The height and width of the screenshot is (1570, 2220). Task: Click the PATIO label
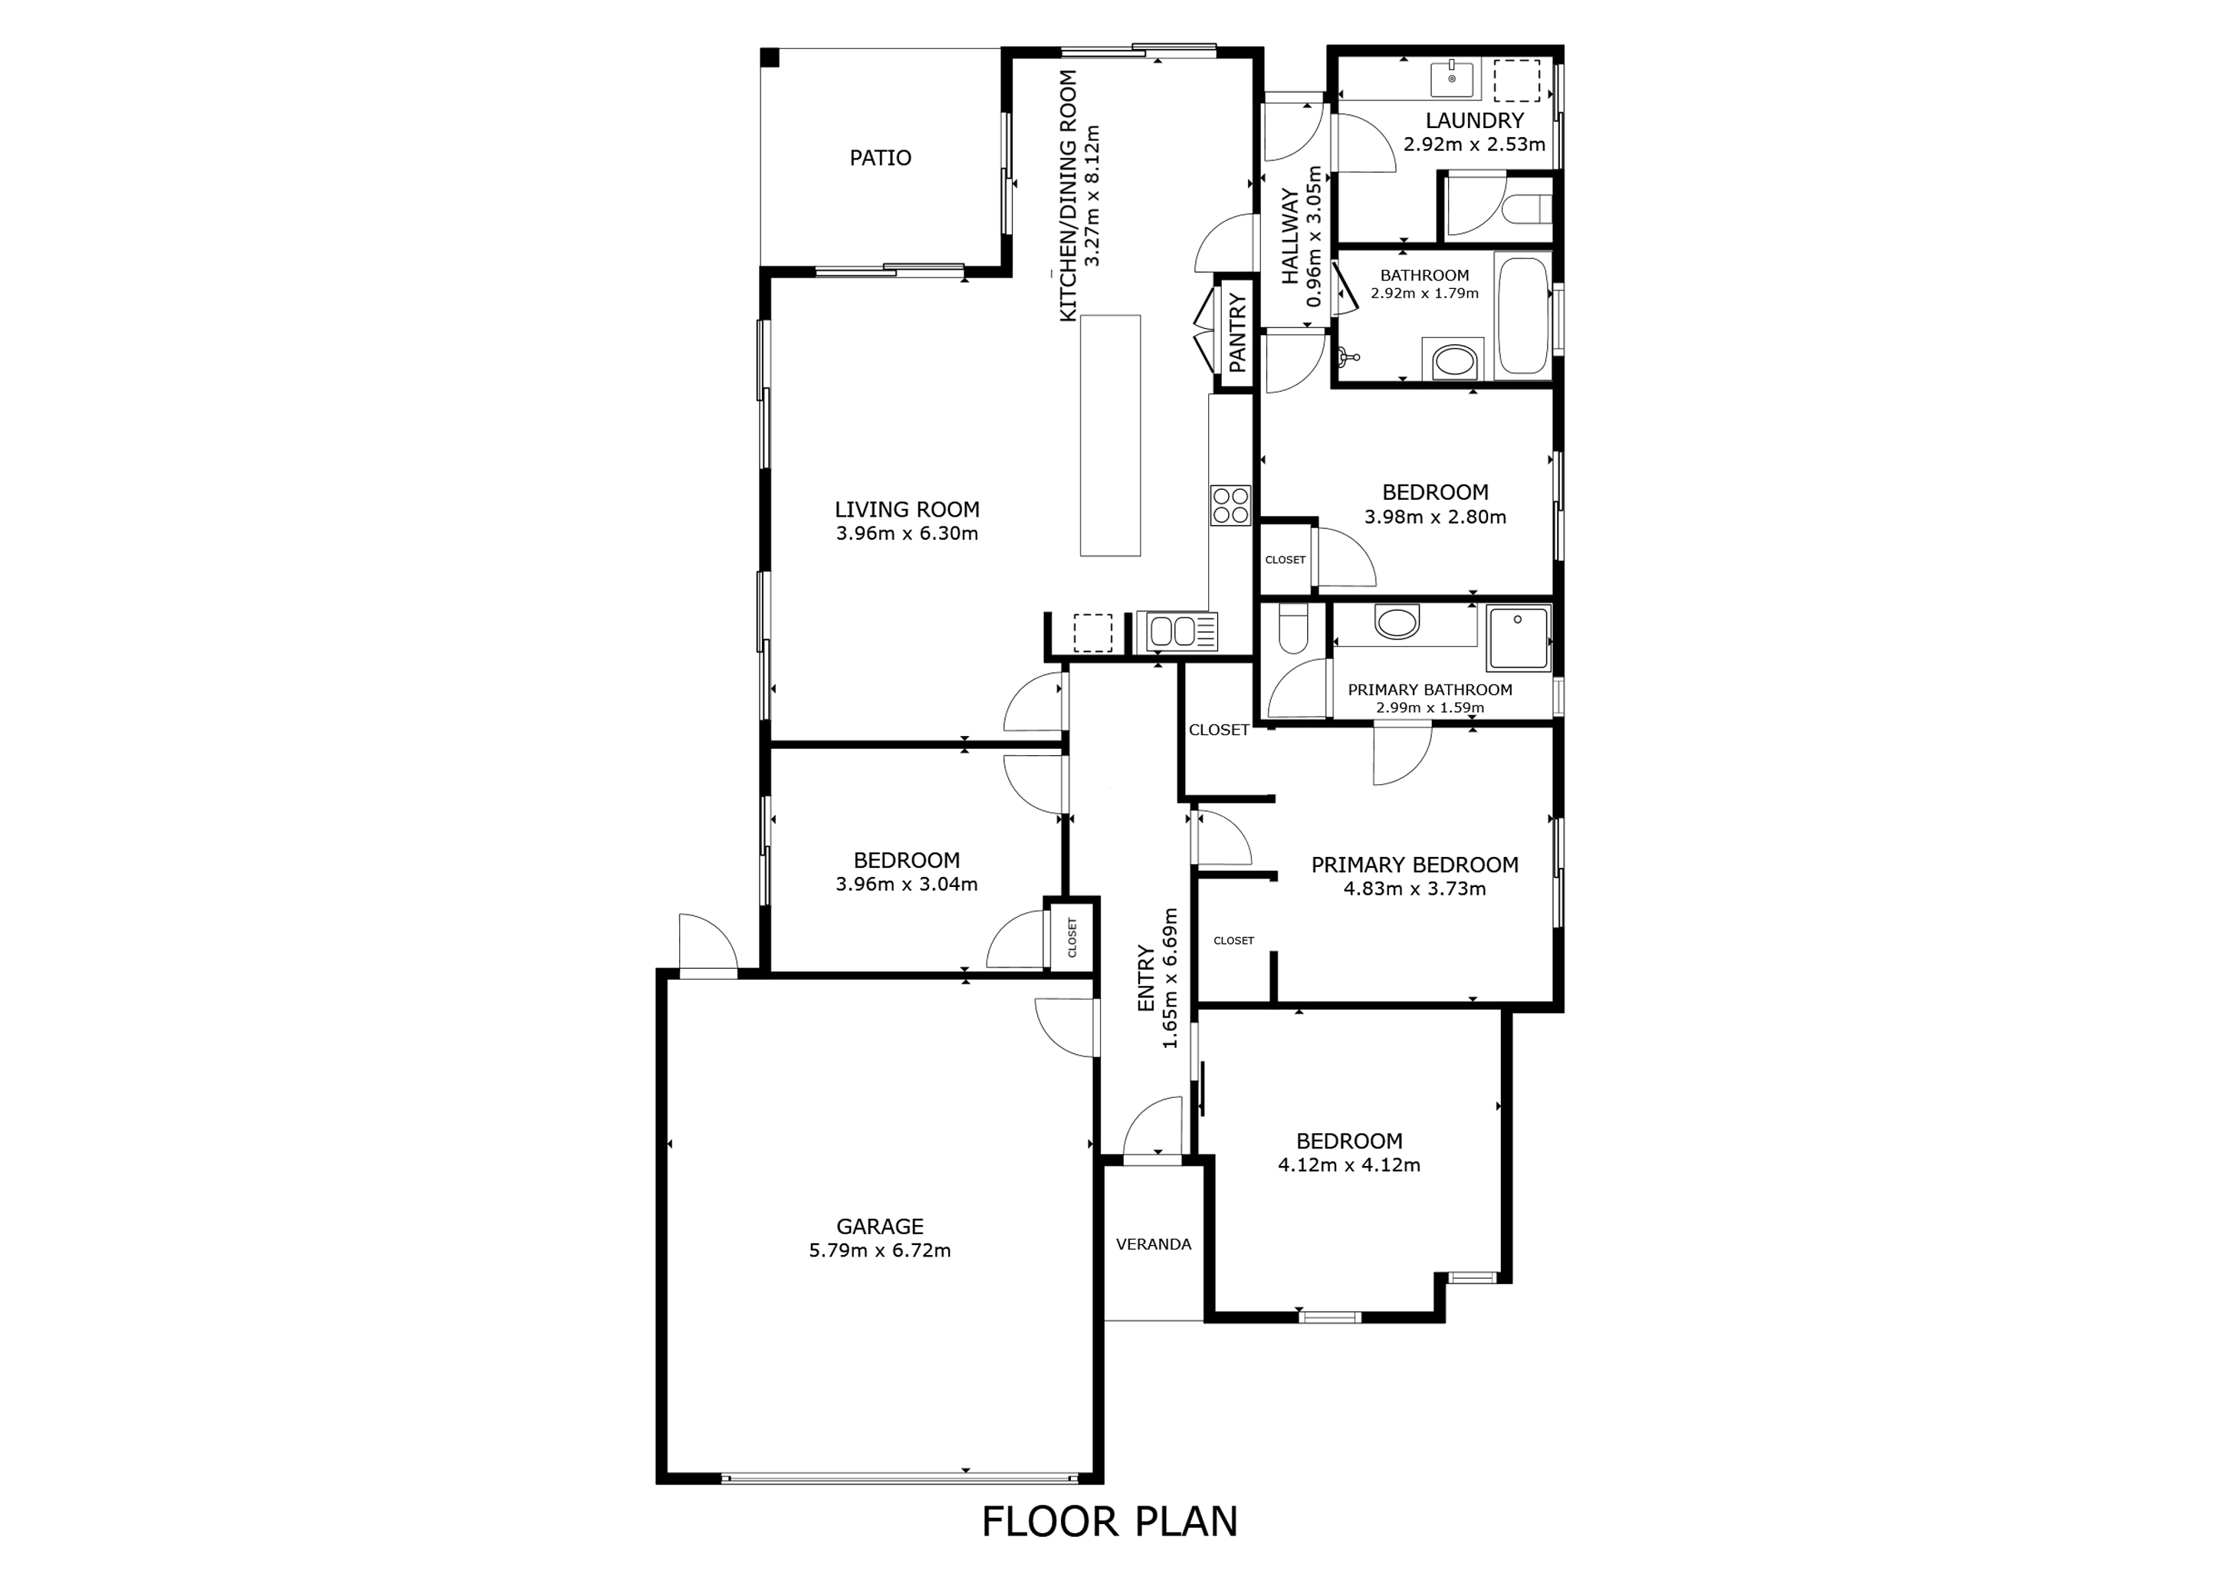pos(880,158)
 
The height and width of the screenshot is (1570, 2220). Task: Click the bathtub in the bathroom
pos(1523,316)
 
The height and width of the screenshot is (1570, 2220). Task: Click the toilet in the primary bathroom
pos(1292,629)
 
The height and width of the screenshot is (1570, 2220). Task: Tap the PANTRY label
pos(1237,333)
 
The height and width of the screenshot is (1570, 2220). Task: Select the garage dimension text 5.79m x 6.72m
pos(880,1251)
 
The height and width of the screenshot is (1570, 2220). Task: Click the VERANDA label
pos(1154,1244)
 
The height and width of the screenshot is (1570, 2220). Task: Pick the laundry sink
pos(1453,79)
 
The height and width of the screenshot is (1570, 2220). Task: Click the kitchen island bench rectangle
pos(1110,435)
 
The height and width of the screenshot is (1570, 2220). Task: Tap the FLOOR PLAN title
pos(1109,1522)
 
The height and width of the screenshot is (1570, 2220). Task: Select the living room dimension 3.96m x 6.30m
pos(907,534)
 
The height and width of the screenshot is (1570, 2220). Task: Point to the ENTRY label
pos(1147,978)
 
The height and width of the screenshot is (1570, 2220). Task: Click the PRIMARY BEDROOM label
pos(1414,864)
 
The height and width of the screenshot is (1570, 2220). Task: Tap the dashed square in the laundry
pos(1516,80)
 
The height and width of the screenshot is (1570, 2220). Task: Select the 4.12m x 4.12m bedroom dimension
pos(1349,1165)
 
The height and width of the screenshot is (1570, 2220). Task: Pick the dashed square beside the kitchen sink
pos(1092,633)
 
